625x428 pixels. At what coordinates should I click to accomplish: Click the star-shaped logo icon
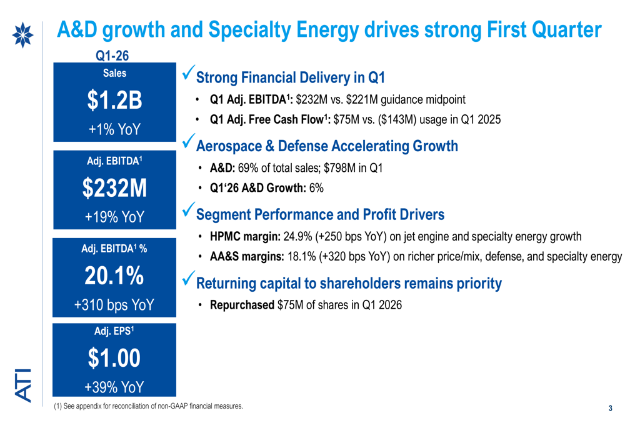[22, 35]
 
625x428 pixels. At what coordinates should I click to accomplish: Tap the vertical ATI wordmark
[23, 385]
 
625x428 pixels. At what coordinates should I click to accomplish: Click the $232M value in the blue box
[115, 188]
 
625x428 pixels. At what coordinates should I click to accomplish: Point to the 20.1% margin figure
[114, 276]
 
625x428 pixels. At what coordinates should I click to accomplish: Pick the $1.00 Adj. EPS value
[114, 358]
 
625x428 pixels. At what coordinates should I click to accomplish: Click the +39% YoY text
[114, 387]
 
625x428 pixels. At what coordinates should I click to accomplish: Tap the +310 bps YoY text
[114, 305]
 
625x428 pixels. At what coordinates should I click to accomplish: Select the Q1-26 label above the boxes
[112, 56]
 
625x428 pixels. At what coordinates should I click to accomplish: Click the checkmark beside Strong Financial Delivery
[188, 72]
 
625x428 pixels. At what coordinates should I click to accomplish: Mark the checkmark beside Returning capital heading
[188, 278]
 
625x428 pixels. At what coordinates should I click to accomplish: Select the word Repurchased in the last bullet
[242, 306]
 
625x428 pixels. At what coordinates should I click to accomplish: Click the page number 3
[610, 408]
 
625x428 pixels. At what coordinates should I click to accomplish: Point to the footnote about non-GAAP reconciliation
[148, 406]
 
